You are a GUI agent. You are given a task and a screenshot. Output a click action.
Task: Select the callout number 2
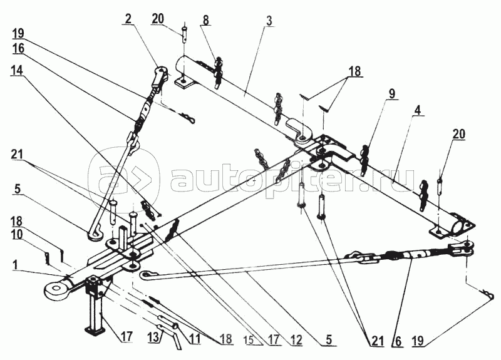pyautogui.click(x=128, y=19)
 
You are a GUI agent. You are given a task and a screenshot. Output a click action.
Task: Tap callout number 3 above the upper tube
pyautogui.click(x=269, y=21)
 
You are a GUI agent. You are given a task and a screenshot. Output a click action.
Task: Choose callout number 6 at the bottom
pyautogui.click(x=398, y=341)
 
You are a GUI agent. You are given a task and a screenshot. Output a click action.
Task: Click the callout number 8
pyautogui.click(x=205, y=19)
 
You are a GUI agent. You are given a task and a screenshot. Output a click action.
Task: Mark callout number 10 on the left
pyautogui.click(x=17, y=234)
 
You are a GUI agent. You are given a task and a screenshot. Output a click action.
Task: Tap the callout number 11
pyautogui.click(x=194, y=339)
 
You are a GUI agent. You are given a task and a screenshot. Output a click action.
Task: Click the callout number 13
pyautogui.click(x=153, y=337)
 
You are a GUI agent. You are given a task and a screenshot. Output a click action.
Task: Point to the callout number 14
pyautogui.click(x=17, y=71)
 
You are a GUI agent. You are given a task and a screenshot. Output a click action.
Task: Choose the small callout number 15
pyautogui.click(x=252, y=341)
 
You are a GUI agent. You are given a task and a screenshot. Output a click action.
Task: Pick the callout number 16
pyautogui.click(x=18, y=49)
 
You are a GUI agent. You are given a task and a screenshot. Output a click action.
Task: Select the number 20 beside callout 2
pyautogui.click(x=158, y=19)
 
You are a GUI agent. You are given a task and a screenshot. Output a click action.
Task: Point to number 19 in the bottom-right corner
pyautogui.click(x=418, y=341)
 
